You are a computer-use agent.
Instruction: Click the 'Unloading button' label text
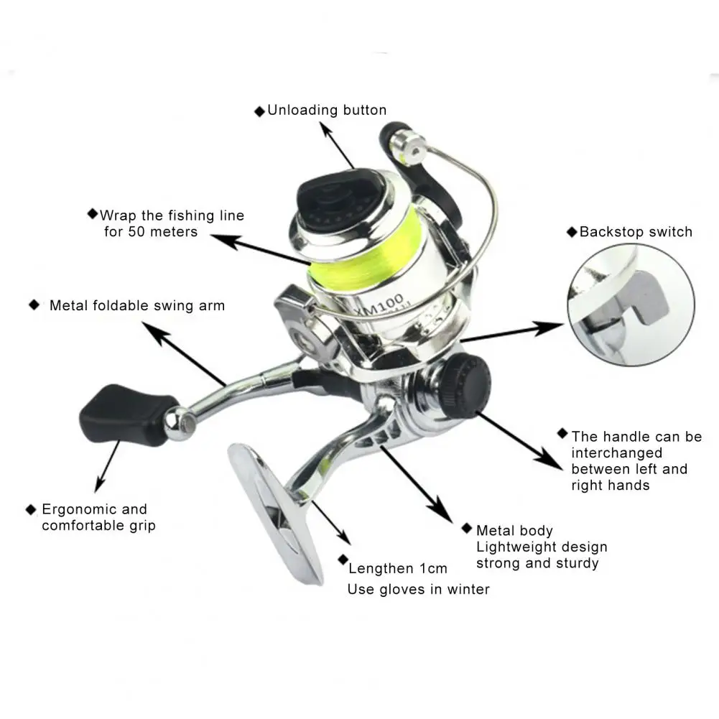(x=327, y=110)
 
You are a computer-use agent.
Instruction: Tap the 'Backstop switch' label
(x=636, y=231)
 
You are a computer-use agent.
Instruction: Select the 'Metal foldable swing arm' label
(x=137, y=305)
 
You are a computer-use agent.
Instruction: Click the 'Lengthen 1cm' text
(x=397, y=568)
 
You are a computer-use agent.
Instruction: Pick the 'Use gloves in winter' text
(x=418, y=589)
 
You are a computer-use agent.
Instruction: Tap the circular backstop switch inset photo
(x=631, y=305)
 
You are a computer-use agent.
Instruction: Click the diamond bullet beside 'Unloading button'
(x=259, y=111)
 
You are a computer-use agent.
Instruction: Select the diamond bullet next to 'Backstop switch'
(x=572, y=232)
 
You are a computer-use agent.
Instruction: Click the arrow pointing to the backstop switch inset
(x=512, y=333)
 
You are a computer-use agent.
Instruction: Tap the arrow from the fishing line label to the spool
(x=261, y=251)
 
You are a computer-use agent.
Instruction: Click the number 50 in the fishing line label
(x=136, y=231)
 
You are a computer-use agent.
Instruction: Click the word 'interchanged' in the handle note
(x=617, y=453)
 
